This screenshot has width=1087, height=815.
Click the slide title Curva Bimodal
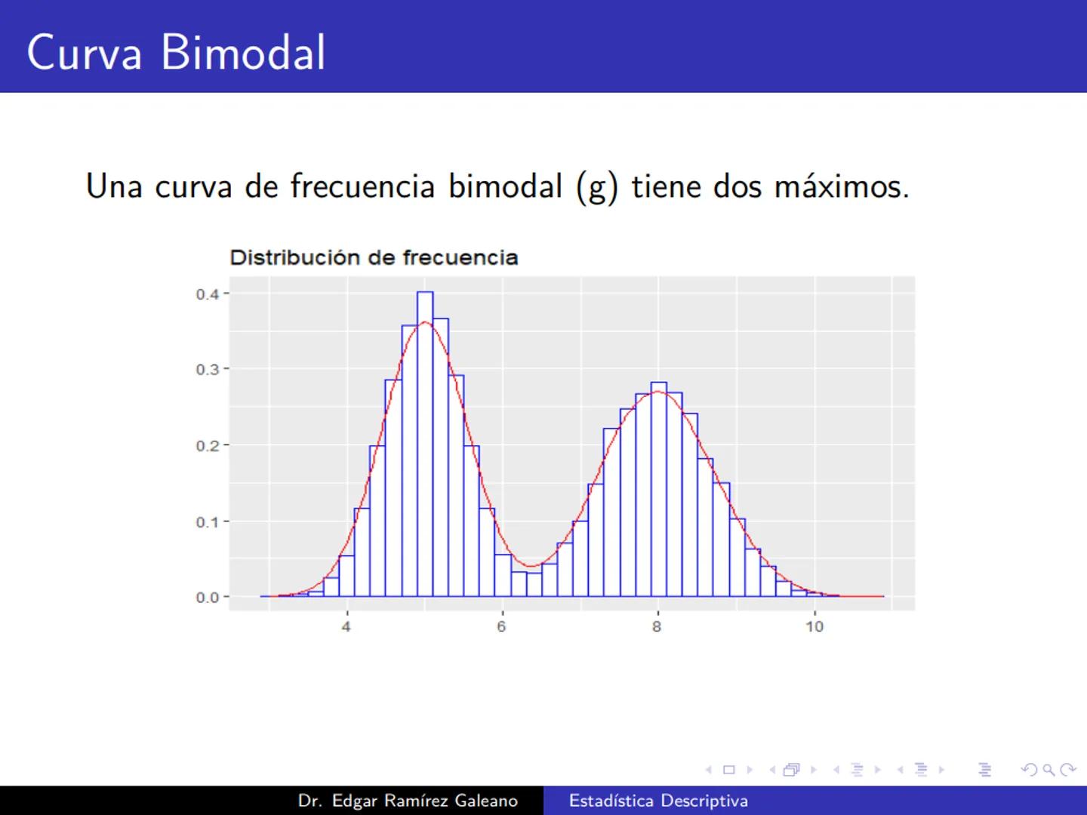point(176,52)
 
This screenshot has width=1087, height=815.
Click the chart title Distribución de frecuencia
point(374,258)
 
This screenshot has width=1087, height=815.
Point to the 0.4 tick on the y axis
point(208,294)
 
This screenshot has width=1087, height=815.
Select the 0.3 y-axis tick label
point(208,370)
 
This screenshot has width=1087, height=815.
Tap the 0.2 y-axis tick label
point(208,446)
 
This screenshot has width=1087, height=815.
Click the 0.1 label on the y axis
point(208,522)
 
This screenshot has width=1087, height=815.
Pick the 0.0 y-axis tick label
point(208,598)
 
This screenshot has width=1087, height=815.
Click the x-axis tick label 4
point(346,626)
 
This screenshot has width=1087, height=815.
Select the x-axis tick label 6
point(501,626)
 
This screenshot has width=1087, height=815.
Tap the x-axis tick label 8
point(657,626)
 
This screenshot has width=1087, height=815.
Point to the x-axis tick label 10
point(814,626)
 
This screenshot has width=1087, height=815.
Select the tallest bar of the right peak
point(658,491)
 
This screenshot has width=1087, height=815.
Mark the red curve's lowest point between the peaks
point(531,566)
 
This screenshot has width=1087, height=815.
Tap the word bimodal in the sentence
point(505,186)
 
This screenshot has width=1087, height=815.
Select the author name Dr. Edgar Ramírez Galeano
point(408,801)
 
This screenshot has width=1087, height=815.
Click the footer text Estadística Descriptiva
point(658,801)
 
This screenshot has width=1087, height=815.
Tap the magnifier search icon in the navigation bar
point(1049,770)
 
